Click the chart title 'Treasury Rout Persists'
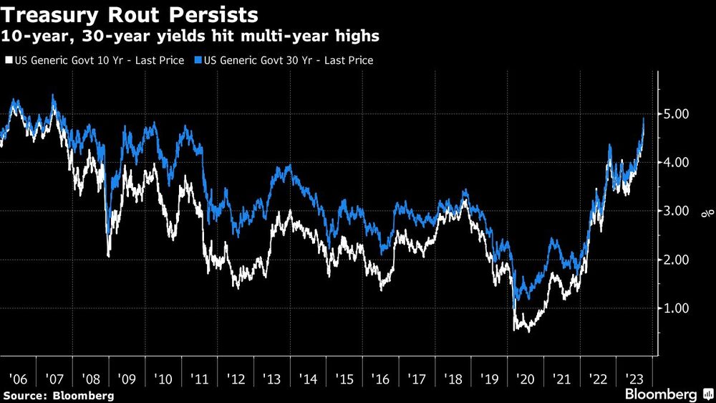point(130,15)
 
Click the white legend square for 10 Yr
point(8,61)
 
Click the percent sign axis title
point(703,212)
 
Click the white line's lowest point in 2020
point(528,332)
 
